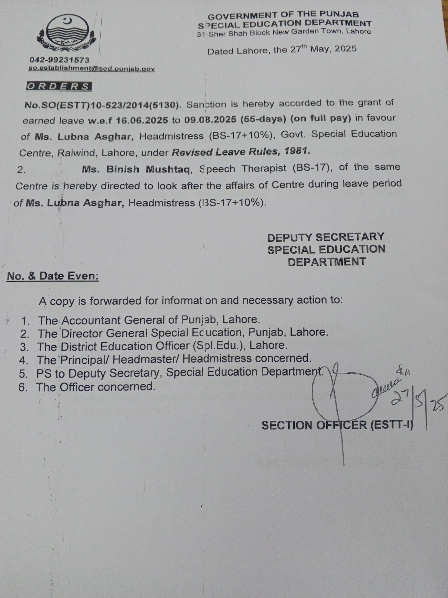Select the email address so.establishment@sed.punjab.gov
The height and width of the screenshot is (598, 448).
pos(92,69)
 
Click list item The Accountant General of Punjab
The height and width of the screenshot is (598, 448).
pos(148,320)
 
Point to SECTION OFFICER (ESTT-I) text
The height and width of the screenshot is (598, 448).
pos(337,426)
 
